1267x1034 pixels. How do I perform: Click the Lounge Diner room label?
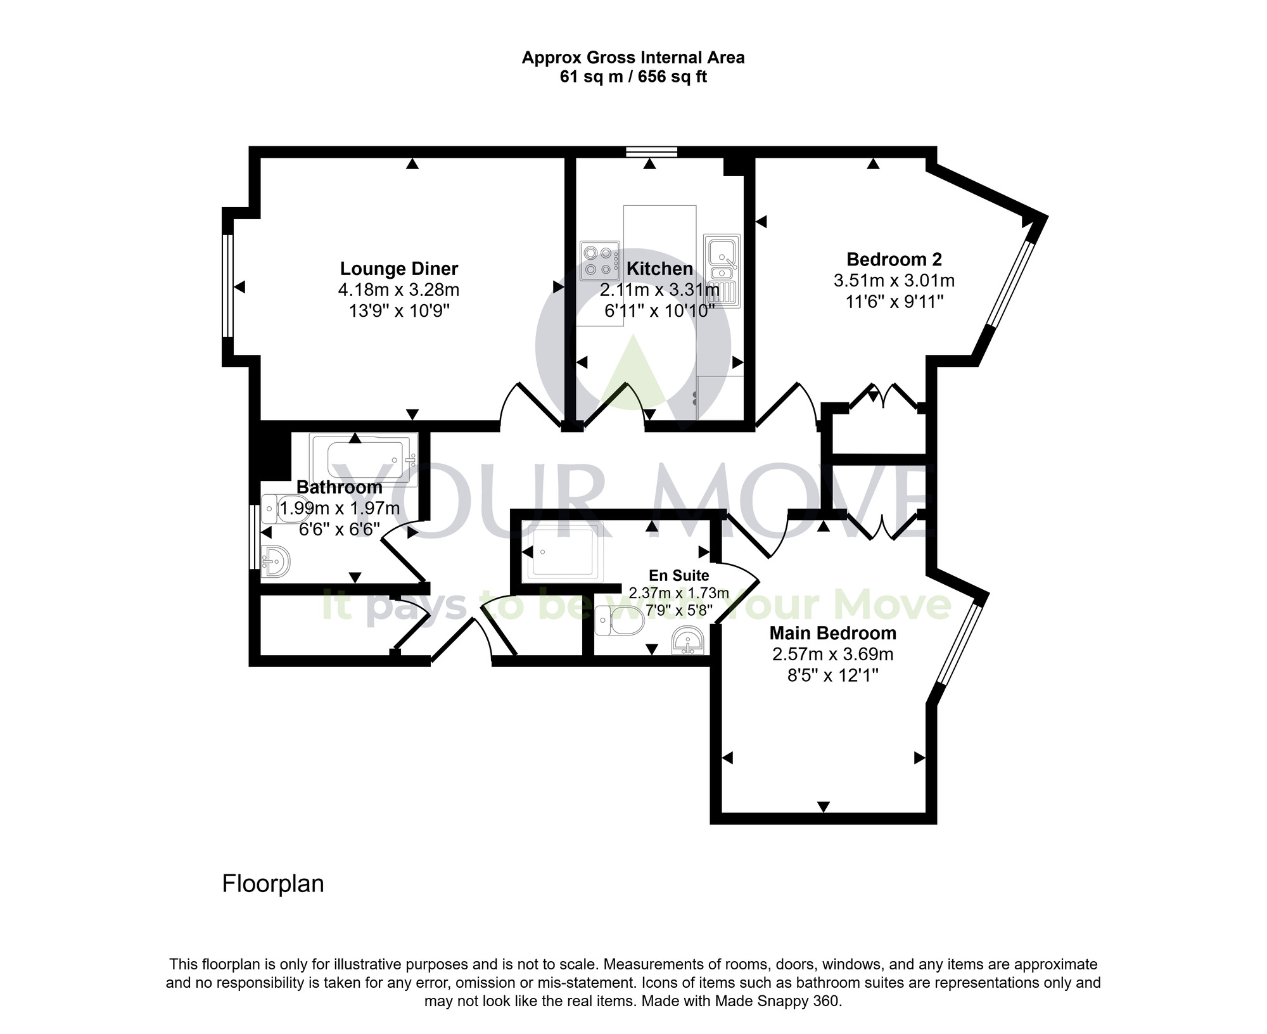(x=398, y=269)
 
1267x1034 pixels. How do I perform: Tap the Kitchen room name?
(x=659, y=269)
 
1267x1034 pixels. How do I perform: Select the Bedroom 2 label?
(x=894, y=259)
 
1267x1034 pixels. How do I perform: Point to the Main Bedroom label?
(x=832, y=633)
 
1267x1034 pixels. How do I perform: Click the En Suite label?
(x=678, y=575)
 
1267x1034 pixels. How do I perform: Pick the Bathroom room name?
(x=340, y=487)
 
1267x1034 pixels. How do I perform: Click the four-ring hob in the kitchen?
(x=599, y=260)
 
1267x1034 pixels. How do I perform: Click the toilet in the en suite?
(x=620, y=620)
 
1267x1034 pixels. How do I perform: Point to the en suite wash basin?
(x=688, y=641)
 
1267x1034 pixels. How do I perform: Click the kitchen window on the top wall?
(x=651, y=151)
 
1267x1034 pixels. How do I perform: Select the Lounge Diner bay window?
(x=227, y=287)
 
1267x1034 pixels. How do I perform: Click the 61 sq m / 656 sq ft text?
(x=633, y=77)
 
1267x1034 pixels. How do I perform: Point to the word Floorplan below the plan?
(x=273, y=884)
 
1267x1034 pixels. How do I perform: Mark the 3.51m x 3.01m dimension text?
(x=894, y=280)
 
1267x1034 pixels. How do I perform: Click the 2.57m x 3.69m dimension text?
(x=832, y=654)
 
